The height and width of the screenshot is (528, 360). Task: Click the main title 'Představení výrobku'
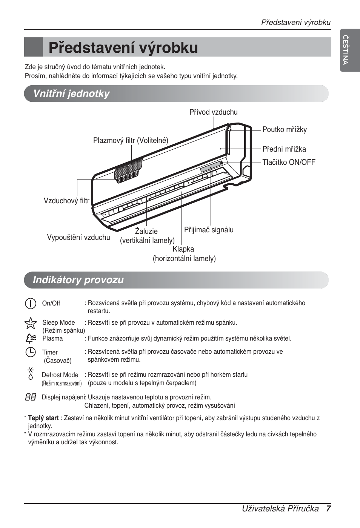[123, 48]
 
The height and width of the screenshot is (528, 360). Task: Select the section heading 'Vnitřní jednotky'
[71, 94]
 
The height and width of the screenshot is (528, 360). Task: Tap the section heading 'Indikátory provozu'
[78, 280]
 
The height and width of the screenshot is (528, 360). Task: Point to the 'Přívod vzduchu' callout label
[213, 112]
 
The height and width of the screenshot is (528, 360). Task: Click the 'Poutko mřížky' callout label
[285, 130]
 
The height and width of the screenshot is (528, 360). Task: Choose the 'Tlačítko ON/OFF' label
[289, 163]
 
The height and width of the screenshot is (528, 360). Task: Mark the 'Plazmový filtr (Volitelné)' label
[131, 141]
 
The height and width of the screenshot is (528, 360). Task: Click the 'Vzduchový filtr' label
[66, 201]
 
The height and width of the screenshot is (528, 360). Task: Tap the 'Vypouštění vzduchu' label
[78, 237]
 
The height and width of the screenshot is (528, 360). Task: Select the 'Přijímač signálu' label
[209, 230]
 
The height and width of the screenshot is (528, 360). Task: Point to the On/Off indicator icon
[31, 303]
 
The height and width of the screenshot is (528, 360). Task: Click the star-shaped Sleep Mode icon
[30, 323]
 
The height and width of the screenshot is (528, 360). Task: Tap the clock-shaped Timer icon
[30, 352]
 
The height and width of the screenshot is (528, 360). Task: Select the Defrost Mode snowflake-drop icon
[31, 373]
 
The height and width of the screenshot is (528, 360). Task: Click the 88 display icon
[31, 397]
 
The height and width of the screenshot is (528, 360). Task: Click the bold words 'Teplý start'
[43, 418]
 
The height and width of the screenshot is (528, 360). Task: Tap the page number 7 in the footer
[328, 508]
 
